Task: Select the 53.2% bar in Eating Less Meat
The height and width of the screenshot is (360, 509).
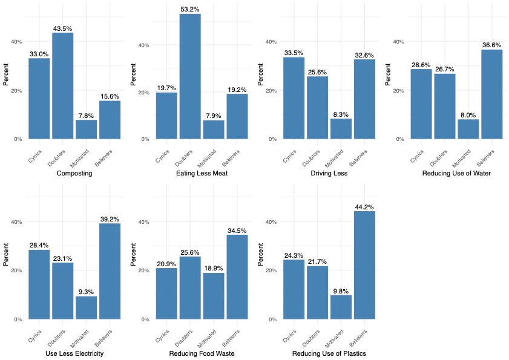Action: pyautogui.click(x=190, y=76)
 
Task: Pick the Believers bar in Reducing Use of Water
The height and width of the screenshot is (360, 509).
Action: pyautogui.click(x=492, y=94)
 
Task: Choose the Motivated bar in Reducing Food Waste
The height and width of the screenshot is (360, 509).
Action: pyautogui.click(x=214, y=296)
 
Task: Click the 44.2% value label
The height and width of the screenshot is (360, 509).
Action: pyautogui.click(x=364, y=207)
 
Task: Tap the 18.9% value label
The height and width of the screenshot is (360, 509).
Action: pyautogui.click(x=214, y=269)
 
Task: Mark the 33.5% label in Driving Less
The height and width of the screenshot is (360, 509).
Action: pyautogui.click(x=294, y=53)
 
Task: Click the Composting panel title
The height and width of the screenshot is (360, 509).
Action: pyautogui.click(x=74, y=174)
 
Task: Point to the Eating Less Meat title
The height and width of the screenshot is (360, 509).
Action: pyautogui.click(x=202, y=174)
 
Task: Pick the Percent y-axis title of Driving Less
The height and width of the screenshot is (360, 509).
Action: pyautogui.click(x=260, y=79)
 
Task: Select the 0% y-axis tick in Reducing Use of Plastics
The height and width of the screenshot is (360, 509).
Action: pyautogui.click(x=272, y=319)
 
